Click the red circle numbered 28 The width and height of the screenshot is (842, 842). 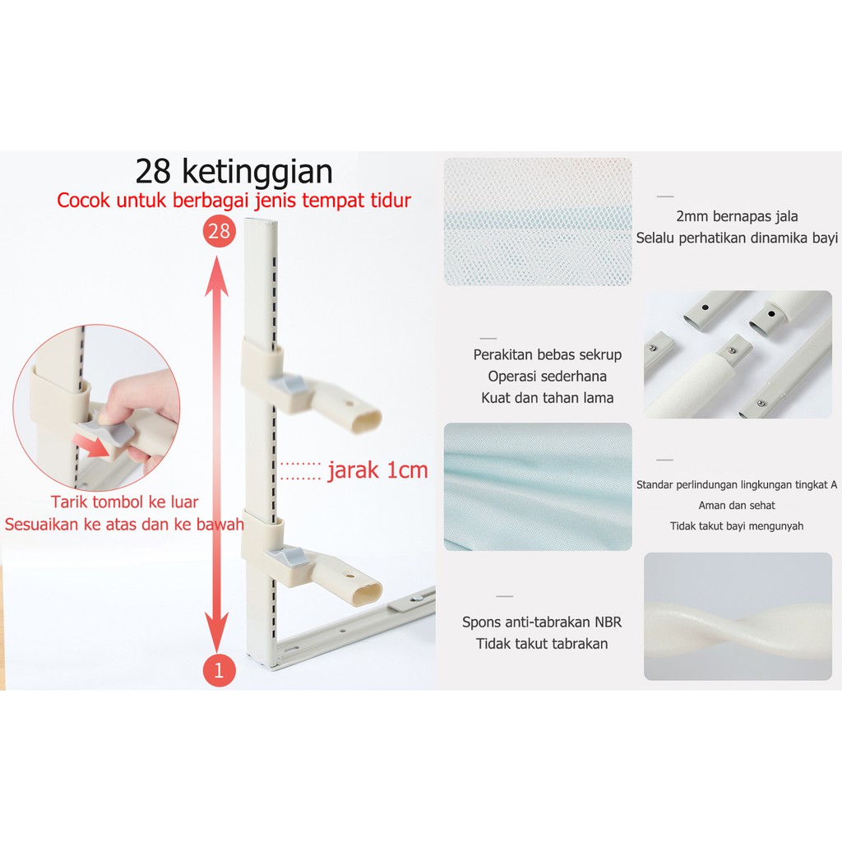(219, 231)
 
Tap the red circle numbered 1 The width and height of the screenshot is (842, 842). (219, 670)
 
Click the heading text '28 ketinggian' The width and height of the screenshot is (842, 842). (234, 171)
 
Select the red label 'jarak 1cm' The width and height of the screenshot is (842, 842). (377, 470)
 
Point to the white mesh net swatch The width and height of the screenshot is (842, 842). (538, 222)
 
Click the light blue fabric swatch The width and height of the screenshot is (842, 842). (538, 487)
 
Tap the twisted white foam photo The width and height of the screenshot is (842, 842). (738, 617)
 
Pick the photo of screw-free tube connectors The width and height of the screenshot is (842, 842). (738, 354)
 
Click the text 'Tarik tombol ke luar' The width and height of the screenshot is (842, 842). (125, 502)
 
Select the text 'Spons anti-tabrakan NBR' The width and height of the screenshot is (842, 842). (542, 622)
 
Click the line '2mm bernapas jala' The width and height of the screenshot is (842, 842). (737, 216)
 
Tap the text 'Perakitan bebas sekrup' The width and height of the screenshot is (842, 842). (547, 354)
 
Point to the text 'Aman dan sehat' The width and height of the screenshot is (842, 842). (737, 505)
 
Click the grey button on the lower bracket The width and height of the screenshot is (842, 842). (292, 557)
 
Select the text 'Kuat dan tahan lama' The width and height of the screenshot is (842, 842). (547, 397)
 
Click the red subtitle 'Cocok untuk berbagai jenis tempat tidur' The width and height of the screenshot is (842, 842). (234, 201)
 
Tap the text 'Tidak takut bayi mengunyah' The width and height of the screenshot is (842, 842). (737, 525)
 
